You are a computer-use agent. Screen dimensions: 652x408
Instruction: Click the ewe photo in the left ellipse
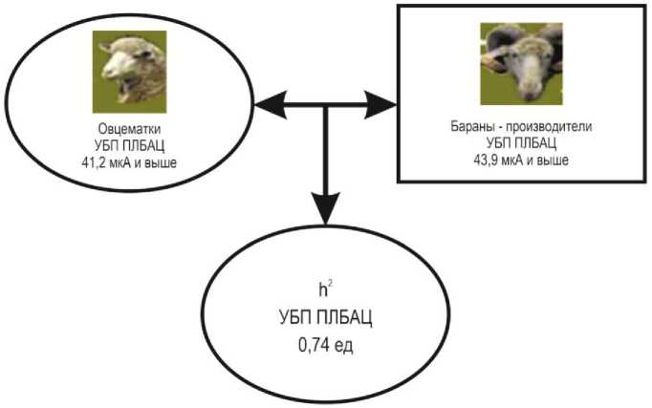[129, 72]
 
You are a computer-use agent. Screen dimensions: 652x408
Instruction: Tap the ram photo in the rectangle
[521, 64]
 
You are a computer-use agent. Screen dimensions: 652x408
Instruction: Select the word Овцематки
[129, 129]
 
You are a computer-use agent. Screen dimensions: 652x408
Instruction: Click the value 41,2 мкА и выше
[129, 162]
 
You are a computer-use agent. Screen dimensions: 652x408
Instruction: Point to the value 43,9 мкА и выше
[521, 160]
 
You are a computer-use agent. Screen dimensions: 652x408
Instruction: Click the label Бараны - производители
[521, 126]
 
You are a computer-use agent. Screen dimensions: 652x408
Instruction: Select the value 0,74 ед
[326, 345]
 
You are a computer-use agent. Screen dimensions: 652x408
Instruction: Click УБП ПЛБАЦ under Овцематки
[129, 146]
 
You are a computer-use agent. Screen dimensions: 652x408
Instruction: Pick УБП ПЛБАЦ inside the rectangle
[521, 143]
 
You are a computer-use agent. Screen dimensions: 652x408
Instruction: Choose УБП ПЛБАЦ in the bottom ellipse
[326, 318]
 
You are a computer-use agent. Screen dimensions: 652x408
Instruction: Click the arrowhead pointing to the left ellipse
[270, 105]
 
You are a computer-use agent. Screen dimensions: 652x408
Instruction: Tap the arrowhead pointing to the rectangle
[380, 105]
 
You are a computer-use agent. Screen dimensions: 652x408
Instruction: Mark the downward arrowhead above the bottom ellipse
[326, 208]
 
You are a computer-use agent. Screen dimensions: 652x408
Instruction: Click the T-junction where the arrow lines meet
[326, 105]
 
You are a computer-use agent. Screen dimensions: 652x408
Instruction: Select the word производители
[549, 126]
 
